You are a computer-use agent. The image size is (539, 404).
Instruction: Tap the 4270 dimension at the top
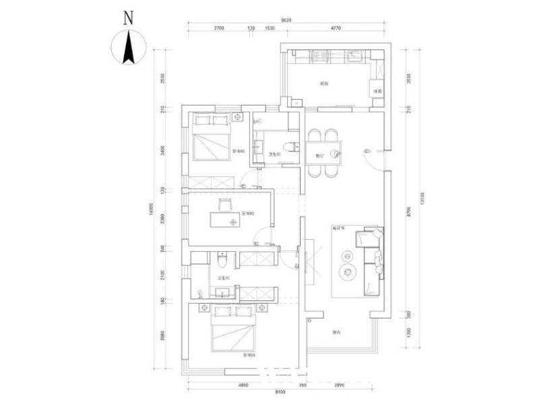click(336, 28)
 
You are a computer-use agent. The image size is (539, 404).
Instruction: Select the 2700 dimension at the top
click(219, 28)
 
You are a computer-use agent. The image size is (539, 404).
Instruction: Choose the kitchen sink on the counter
click(355, 55)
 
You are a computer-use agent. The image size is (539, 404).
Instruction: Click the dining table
click(325, 153)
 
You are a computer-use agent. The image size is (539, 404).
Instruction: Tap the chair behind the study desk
click(225, 203)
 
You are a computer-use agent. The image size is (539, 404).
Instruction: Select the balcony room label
click(335, 332)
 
